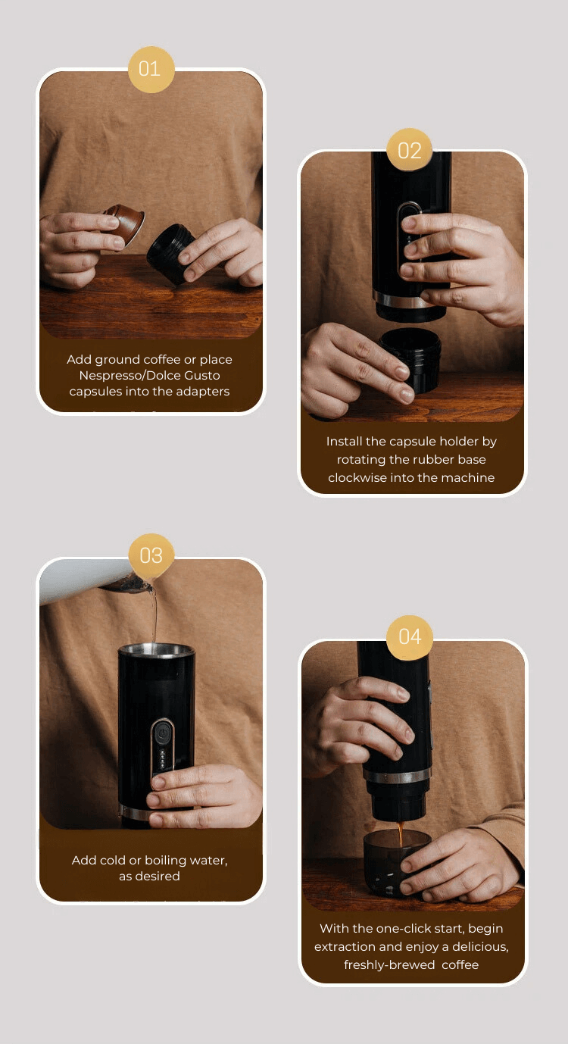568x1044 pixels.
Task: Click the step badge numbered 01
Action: [x=151, y=69]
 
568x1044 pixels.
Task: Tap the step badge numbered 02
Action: [x=409, y=150]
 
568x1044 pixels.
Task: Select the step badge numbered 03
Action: [x=151, y=555]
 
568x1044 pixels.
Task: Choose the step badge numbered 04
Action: [x=409, y=636]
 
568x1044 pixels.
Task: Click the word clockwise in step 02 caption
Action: [x=358, y=477]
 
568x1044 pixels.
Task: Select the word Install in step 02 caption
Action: [x=342, y=441]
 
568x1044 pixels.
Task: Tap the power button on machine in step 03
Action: [x=161, y=733]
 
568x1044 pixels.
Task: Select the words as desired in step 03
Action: [x=149, y=876]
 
